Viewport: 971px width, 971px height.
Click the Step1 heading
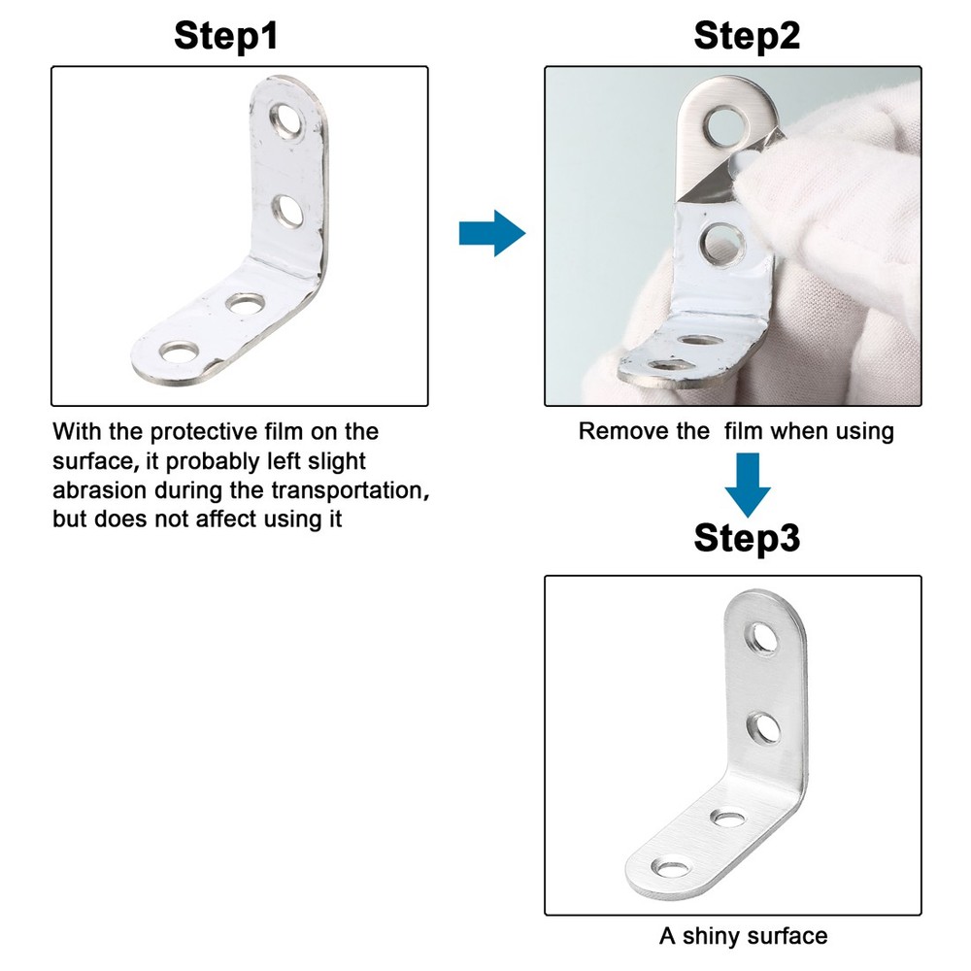pos(226,36)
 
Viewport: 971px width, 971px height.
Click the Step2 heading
pos(747,36)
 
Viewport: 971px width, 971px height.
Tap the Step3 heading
pos(747,538)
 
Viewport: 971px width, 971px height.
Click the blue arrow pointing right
pos(492,233)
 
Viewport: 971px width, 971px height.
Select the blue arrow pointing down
pos(748,485)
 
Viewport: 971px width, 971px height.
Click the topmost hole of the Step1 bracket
pos(286,120)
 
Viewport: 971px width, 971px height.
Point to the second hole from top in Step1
pos(287,211)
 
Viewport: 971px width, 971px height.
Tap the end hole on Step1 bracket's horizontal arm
pos(179,352)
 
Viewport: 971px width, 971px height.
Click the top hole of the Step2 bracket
pos(725,126)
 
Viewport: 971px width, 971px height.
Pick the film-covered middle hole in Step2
pos(721,244)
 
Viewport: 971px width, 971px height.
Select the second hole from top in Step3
pos(764,728)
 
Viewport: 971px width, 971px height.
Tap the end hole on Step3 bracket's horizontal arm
pos(671,868)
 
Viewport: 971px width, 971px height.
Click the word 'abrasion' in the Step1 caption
pos(99,489)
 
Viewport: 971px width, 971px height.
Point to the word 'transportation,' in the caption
pos(351,490)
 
